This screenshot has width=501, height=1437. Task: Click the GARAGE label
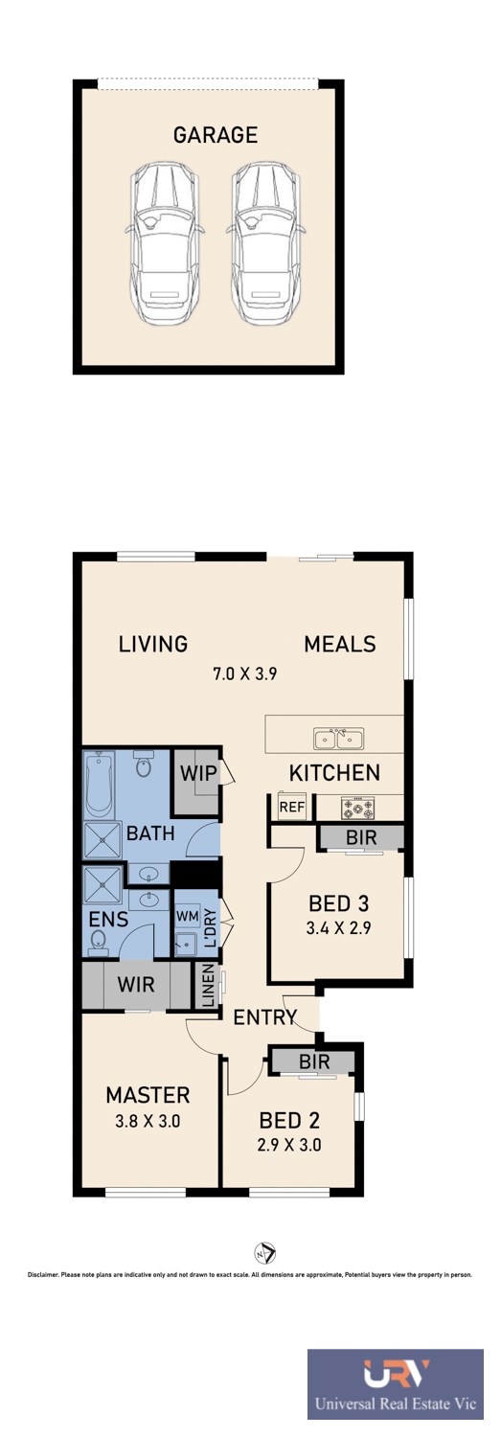tap(216, 135)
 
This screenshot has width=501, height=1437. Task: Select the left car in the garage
tap(163, 243)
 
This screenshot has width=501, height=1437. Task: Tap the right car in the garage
tap(265, 243)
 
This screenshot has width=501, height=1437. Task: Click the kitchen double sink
tap(339, 738)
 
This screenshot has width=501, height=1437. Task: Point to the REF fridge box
tap(292, 807)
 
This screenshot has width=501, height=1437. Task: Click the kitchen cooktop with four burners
tap(358, 808)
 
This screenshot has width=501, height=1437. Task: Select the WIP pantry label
tap(198, 773)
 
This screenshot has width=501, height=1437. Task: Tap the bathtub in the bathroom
tap(100, 784)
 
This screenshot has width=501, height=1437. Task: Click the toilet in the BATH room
tap(144, 764)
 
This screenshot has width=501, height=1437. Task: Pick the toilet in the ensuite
tap(97, 941)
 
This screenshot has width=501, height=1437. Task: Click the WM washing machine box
tap(188, 916)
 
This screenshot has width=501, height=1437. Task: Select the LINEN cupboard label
tap(209, 986)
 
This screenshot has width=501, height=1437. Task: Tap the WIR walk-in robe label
tap(136, 984)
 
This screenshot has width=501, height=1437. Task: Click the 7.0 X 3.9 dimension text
tap(244, 673)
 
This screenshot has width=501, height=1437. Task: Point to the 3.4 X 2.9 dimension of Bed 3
tap(339, 927)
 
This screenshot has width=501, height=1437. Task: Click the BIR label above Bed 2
tap(314, 1061)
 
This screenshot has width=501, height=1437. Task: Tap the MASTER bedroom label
tap(148, 1095)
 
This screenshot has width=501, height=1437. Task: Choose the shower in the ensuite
tap(102, 886)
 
